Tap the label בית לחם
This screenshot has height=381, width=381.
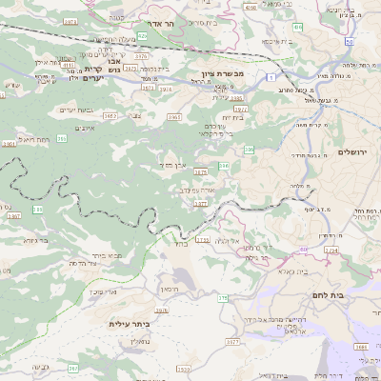[353, 296]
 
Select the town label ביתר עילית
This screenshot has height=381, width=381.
[130, 324]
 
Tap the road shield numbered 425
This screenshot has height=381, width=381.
[141, 35]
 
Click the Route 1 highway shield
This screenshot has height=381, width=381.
[272, 75]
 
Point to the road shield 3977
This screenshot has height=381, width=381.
[200, 203]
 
